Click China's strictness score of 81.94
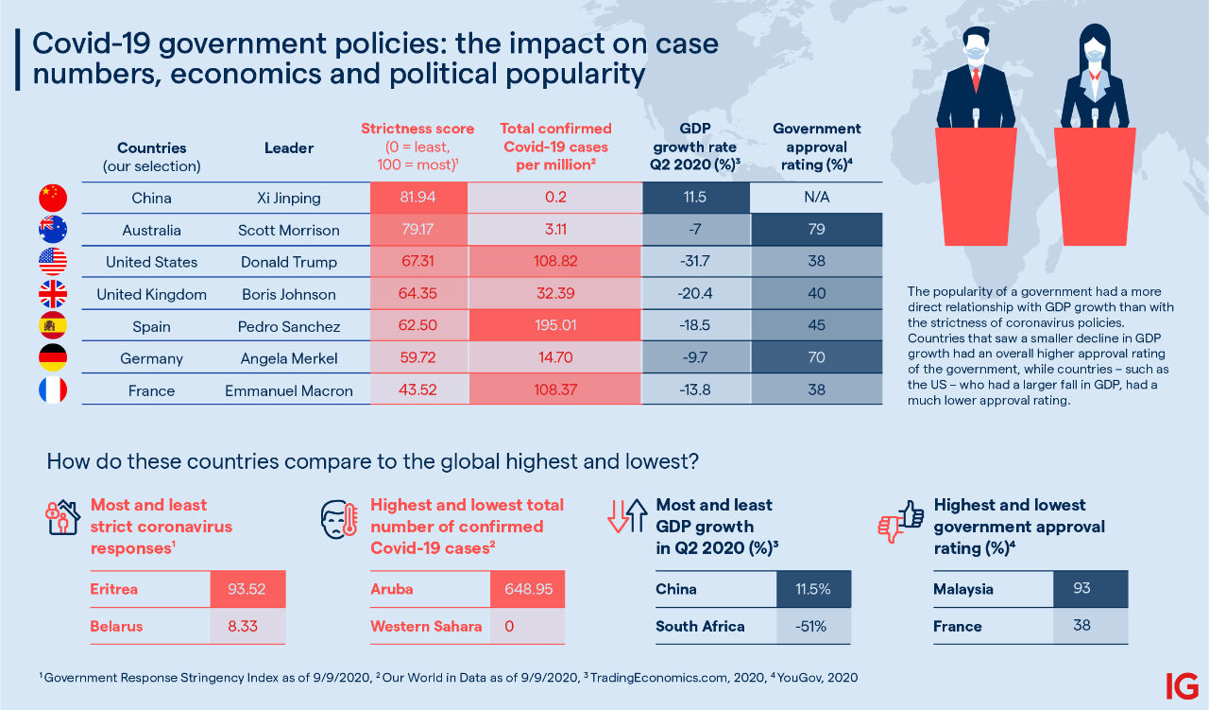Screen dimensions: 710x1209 click(418, 199)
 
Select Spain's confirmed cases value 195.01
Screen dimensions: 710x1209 click(553, 326)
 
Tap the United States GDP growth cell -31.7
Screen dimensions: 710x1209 click(695, 262)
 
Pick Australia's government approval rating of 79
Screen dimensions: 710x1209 click(816, 230)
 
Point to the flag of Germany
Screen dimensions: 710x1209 click(53, 358)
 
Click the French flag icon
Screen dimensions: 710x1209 click(53, 390)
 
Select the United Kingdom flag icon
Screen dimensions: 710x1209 click(53, 294)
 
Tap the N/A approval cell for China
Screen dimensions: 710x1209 click(816, 199)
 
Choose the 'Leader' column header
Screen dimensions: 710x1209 click(288, 147)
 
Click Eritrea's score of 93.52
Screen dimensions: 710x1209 click(247, 589)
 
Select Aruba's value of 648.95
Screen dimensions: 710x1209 click(527, 589)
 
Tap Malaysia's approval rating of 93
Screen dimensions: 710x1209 click(1081, 589)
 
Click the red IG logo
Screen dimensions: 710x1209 click(1182, 685)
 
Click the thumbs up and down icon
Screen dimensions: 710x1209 click(901, 519)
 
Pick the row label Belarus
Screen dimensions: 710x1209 click(117, 626)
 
